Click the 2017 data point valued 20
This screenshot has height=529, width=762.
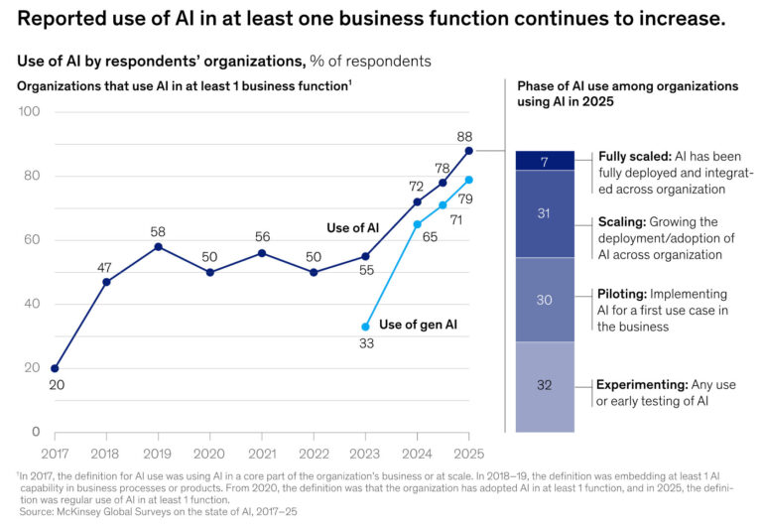55,368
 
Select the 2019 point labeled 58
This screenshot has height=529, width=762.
158,246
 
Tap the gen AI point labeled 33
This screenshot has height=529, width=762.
365,327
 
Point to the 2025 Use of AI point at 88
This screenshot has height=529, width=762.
468,151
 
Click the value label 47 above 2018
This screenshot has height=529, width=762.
106,267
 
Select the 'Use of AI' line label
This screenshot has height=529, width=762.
351,228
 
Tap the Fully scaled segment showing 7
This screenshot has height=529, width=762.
545,161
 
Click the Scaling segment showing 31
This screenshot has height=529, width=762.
545,213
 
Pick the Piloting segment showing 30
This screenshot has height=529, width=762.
545,300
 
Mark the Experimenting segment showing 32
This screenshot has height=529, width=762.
545,386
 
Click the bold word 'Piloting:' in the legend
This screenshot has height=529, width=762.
621,295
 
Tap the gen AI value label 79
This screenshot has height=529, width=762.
465,198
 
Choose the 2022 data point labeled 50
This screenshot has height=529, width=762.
314,272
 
